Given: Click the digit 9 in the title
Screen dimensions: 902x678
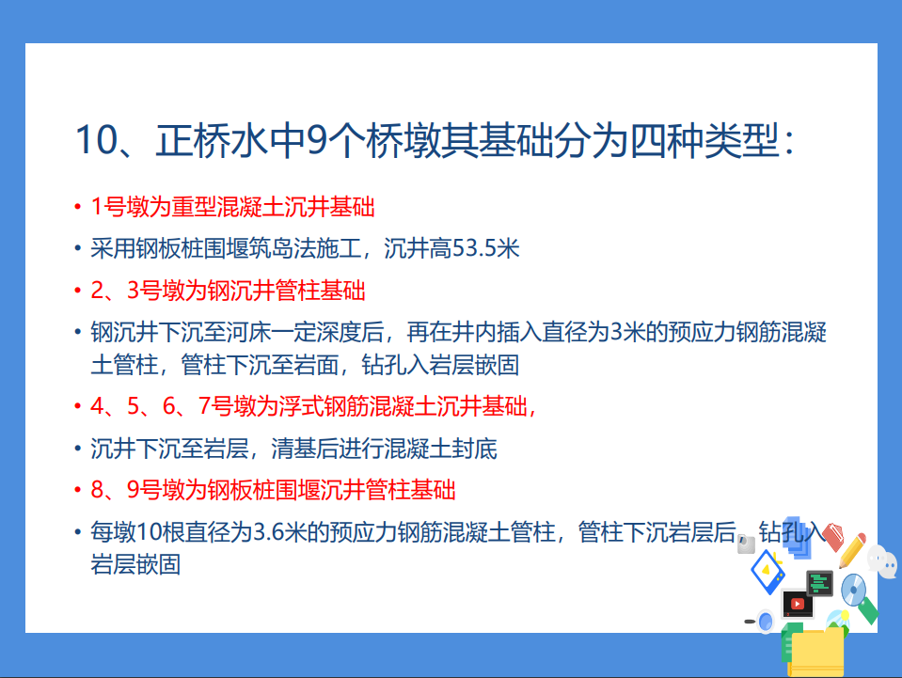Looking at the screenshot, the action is point(316,141).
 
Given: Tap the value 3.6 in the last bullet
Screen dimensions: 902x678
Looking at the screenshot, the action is point(268,532).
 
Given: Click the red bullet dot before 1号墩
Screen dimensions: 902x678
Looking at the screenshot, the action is point(78,207).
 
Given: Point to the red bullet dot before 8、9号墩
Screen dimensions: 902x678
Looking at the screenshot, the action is point(78,490).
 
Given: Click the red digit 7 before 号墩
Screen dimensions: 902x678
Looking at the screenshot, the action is point(204,406).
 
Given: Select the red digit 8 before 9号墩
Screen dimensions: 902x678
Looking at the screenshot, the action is point(97,490).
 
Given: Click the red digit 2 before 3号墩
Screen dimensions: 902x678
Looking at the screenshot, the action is point(97,291).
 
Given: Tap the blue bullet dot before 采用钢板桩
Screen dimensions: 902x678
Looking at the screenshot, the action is point(78,249).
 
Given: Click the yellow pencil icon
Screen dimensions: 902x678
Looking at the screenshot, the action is point(852,550).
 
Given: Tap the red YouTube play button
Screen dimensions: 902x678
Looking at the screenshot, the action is point(798,604).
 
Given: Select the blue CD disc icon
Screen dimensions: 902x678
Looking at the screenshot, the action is point(853,590).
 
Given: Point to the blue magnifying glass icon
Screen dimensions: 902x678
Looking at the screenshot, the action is point(764,621).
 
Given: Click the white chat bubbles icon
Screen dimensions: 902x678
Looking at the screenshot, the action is point(882,560).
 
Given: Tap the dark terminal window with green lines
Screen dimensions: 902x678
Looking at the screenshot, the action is point(820,584).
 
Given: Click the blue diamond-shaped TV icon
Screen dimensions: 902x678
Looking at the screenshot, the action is point(767,572).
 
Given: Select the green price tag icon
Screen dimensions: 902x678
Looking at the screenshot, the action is point(867,610).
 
